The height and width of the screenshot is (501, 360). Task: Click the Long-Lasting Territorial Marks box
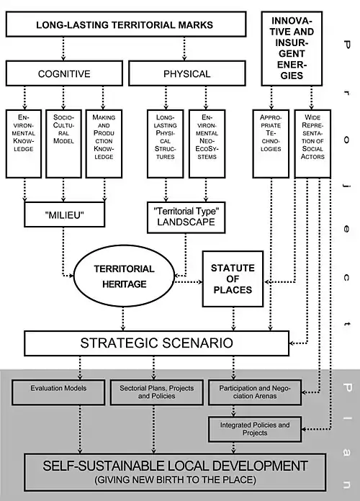126,24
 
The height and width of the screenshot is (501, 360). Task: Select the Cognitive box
64,73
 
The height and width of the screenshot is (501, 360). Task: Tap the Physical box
187,73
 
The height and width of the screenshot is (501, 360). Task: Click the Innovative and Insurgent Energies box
292,48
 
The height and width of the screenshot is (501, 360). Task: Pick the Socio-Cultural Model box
63,144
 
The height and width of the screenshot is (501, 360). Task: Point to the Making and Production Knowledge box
104,144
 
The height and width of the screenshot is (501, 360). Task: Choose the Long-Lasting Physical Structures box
166,144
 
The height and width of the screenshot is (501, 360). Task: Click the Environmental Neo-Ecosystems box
207,144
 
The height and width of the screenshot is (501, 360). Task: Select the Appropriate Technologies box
271,144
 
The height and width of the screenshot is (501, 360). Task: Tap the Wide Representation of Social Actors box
312,144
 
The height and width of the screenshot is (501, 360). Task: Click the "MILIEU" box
64,215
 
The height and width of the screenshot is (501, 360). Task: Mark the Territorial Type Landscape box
186,217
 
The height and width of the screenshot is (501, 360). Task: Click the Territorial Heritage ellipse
125,276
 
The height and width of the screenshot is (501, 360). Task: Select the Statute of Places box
233,279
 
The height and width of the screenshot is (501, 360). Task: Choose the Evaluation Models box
58,392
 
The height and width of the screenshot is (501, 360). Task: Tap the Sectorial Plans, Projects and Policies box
157,392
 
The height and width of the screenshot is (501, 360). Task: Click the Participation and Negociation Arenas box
255,392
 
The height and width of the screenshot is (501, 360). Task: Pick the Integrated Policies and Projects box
255,429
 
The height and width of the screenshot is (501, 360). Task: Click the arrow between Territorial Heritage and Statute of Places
189,282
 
